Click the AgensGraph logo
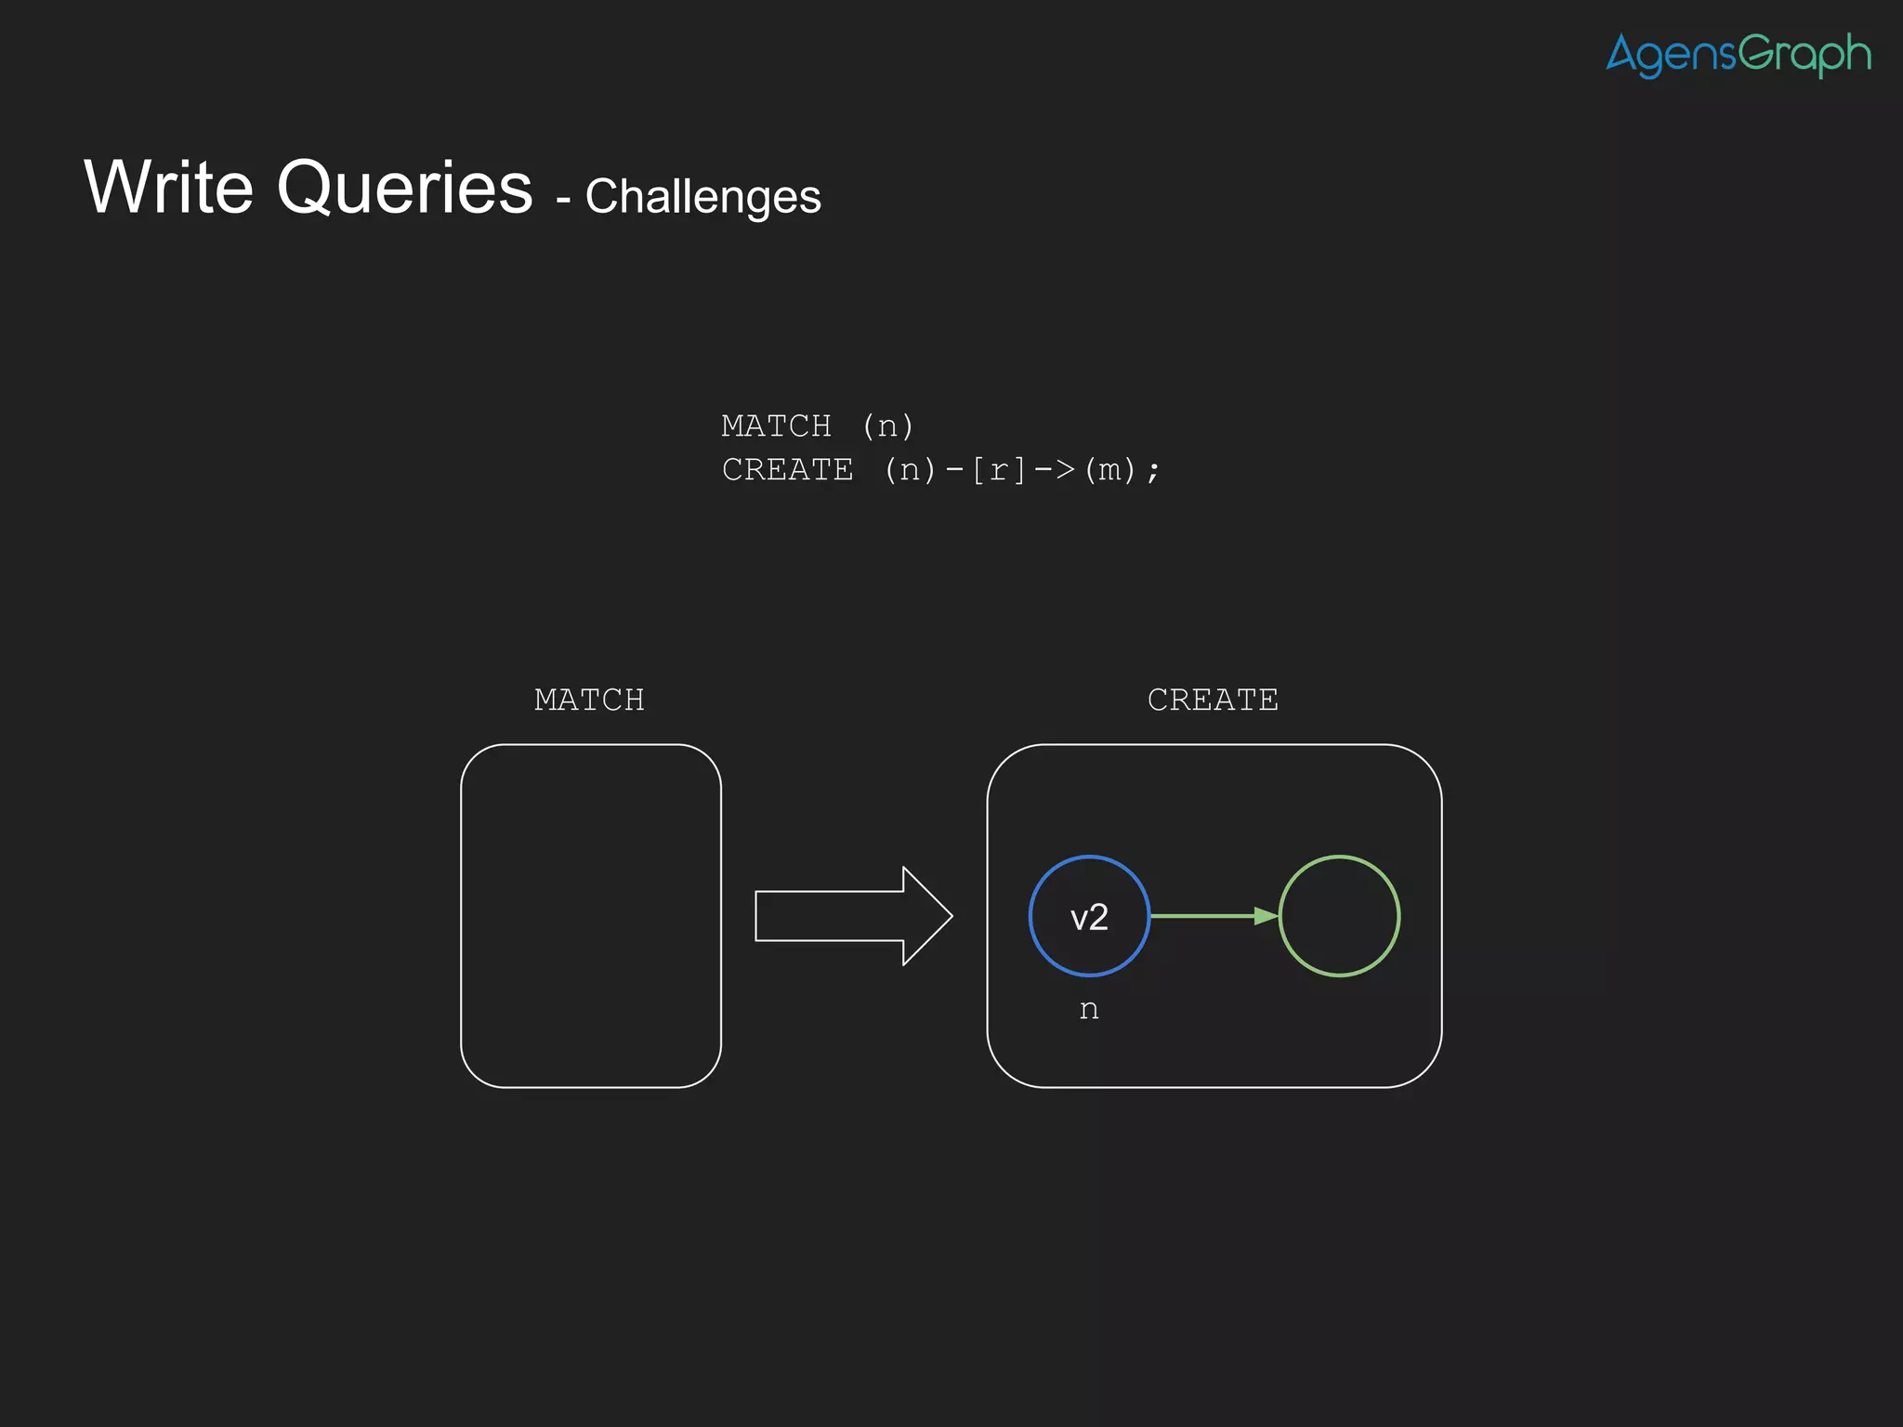pos(1738,55)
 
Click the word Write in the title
pos(168,188)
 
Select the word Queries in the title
pos(404,190)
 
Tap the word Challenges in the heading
pos(702,197)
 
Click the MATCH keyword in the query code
pos(776,426)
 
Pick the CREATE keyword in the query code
pos(787,470)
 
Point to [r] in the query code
pos(998,470)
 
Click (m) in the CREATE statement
pos(1109,470)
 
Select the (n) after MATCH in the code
pos(887,426)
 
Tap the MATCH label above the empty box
pos(589,700)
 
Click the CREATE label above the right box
pos(1213,700)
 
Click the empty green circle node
pos(1339,916)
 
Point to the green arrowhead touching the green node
pos(1266,916)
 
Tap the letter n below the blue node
pos(1089,1010)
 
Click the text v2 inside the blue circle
pos(1089,918)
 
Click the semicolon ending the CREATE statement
pos(1153,472)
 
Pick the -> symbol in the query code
pos(1055,470)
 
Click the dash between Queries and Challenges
pos(563,199)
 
